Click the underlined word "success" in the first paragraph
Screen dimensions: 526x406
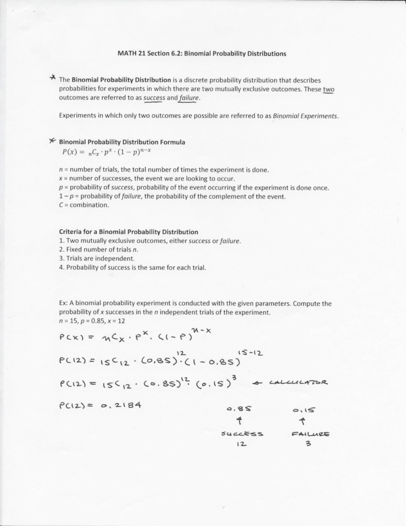pos(154,98)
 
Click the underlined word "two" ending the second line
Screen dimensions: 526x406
pos(328,89)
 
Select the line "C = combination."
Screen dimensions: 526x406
pos(84,205)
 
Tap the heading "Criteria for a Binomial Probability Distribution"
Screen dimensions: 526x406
pos(129,232)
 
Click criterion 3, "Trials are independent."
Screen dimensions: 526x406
pos(97,258)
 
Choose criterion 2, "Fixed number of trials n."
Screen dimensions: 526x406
pos(98,250)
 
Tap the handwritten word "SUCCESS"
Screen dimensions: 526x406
pos(242,434)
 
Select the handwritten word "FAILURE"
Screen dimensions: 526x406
pos(310,434)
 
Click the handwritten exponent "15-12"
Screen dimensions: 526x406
pos(250,353)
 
